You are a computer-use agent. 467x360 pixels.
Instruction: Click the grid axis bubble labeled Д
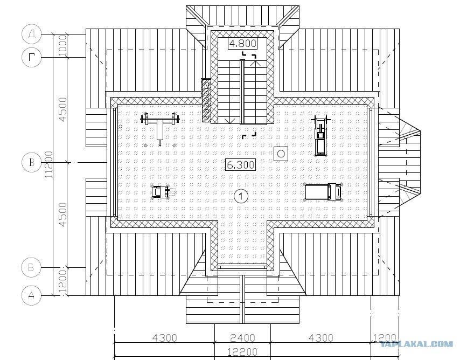(x=32, y=34)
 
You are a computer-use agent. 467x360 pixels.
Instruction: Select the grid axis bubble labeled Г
(x=32, y=57)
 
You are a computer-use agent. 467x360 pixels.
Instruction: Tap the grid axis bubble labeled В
(x=32, y=162)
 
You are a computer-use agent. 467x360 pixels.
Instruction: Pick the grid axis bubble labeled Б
(x=32, y=267)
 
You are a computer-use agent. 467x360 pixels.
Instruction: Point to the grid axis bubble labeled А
(x=32, y=295)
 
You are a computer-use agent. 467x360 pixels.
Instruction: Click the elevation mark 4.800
(x=243, y=44)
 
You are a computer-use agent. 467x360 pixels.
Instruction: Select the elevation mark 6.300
(x=240, y=164)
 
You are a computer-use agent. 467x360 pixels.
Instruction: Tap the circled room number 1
(x=241, y=196)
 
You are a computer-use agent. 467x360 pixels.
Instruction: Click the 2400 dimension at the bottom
(x=243, y=338)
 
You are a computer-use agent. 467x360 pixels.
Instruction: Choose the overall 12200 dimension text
(x=243, y=352)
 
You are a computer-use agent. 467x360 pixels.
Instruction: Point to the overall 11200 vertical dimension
(x=49, y=165)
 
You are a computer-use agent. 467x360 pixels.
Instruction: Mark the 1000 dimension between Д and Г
(x=63, y=46)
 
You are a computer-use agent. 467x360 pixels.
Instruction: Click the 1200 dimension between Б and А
(x=63, y=281)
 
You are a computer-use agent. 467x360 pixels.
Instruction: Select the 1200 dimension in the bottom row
(x=385, y=338)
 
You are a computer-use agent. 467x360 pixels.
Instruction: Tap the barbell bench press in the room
(x=160, y=127)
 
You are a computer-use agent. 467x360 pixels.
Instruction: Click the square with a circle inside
(x=281, y=154)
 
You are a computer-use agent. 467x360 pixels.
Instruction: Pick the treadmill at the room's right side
(x=324, y=192)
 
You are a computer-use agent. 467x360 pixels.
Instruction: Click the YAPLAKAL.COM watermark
(x=416, y=344)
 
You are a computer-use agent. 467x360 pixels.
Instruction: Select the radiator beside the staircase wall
(x=206, y=100)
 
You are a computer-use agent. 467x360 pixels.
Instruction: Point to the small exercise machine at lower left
(x=162, y=192)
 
